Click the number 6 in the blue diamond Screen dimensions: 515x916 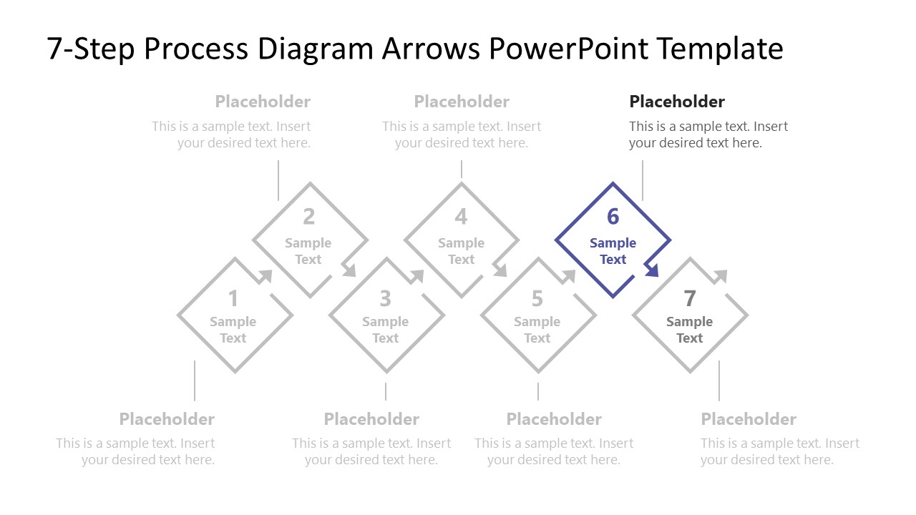coord(613,217)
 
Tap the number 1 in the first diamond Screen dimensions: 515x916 coord(233,298)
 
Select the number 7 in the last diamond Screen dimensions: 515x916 coord(689,298)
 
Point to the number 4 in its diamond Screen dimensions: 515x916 coord(461,217)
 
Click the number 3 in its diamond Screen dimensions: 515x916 coord(385,298)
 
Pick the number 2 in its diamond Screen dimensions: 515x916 coord(308,217)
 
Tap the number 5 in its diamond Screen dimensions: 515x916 coord(537,298)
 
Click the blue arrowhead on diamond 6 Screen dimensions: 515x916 coord(651,270)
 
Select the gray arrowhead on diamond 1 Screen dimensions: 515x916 coord(266,276)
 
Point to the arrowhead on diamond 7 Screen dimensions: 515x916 coord(721,276)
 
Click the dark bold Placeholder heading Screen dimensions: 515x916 coord(676,102)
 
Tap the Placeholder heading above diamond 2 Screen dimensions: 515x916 coord(263,102)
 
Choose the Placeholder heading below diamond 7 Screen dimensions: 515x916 coord(748,419)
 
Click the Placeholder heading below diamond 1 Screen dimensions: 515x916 coord(167,419)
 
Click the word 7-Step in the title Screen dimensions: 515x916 coord(91,49)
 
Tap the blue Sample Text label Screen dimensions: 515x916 coord(613,251)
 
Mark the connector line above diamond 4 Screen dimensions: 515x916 coord(462,170)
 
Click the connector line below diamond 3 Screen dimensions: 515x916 coord(386,391)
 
